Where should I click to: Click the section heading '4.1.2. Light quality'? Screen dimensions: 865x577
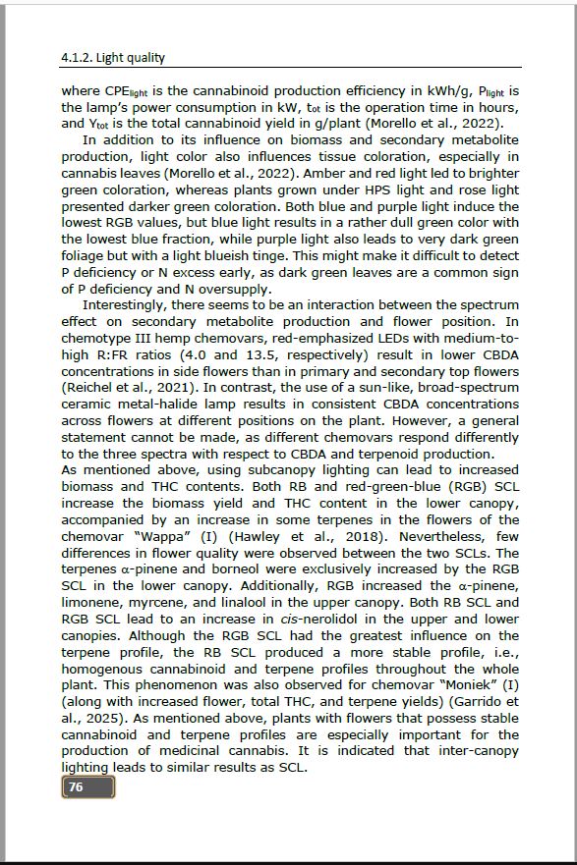(x=113, y=58)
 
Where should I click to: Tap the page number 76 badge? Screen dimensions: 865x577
(x=87, y=786)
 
